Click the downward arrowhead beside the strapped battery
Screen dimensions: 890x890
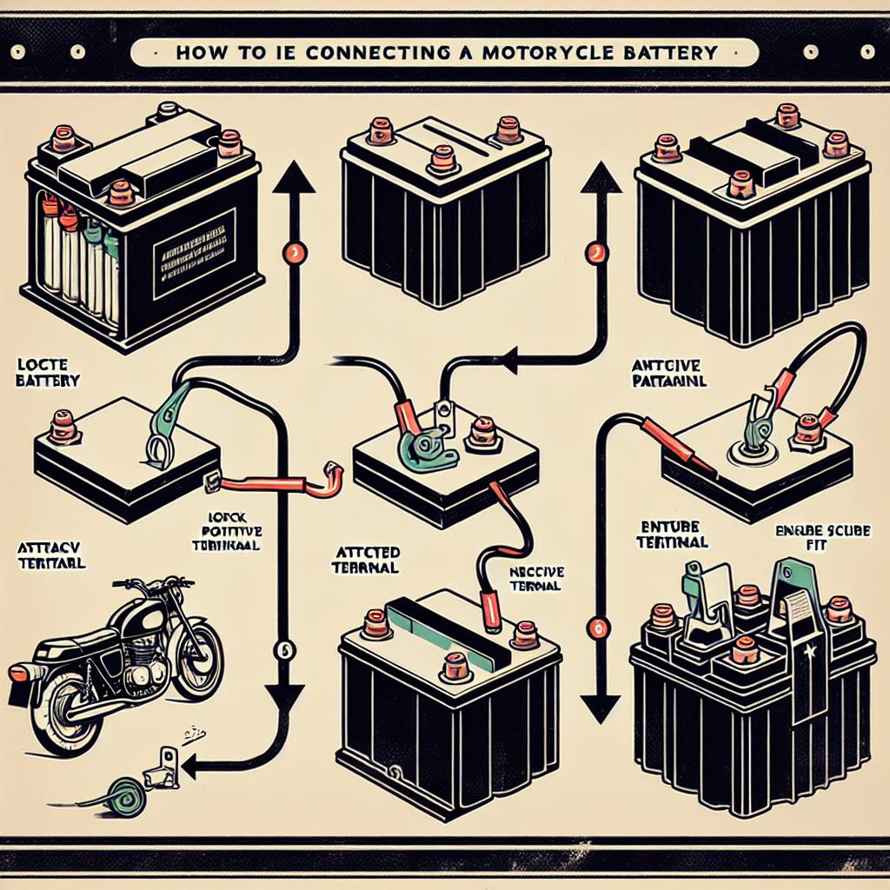pyautogui.click(x=594, y=707)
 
